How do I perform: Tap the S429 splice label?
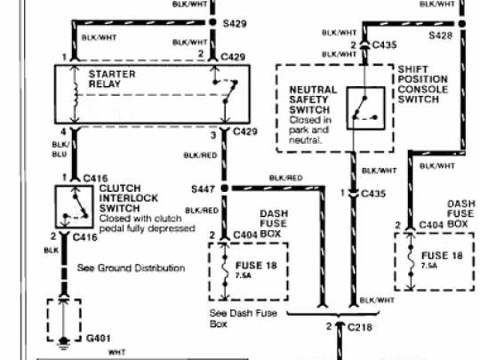235,24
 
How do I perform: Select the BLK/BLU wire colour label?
59,148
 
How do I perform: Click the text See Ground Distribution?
131,267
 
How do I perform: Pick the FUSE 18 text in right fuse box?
442,256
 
